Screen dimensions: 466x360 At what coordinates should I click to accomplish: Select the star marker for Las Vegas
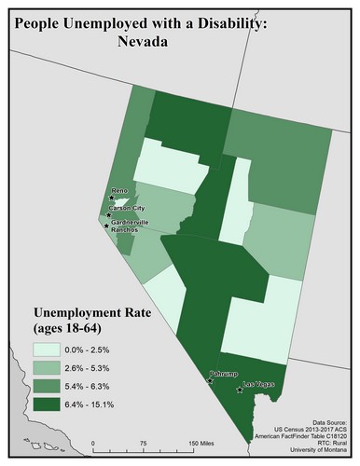(240, 391)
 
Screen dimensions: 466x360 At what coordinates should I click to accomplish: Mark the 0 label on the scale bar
(93, 444)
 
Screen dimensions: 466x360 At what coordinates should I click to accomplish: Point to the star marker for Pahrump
(210, 381)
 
